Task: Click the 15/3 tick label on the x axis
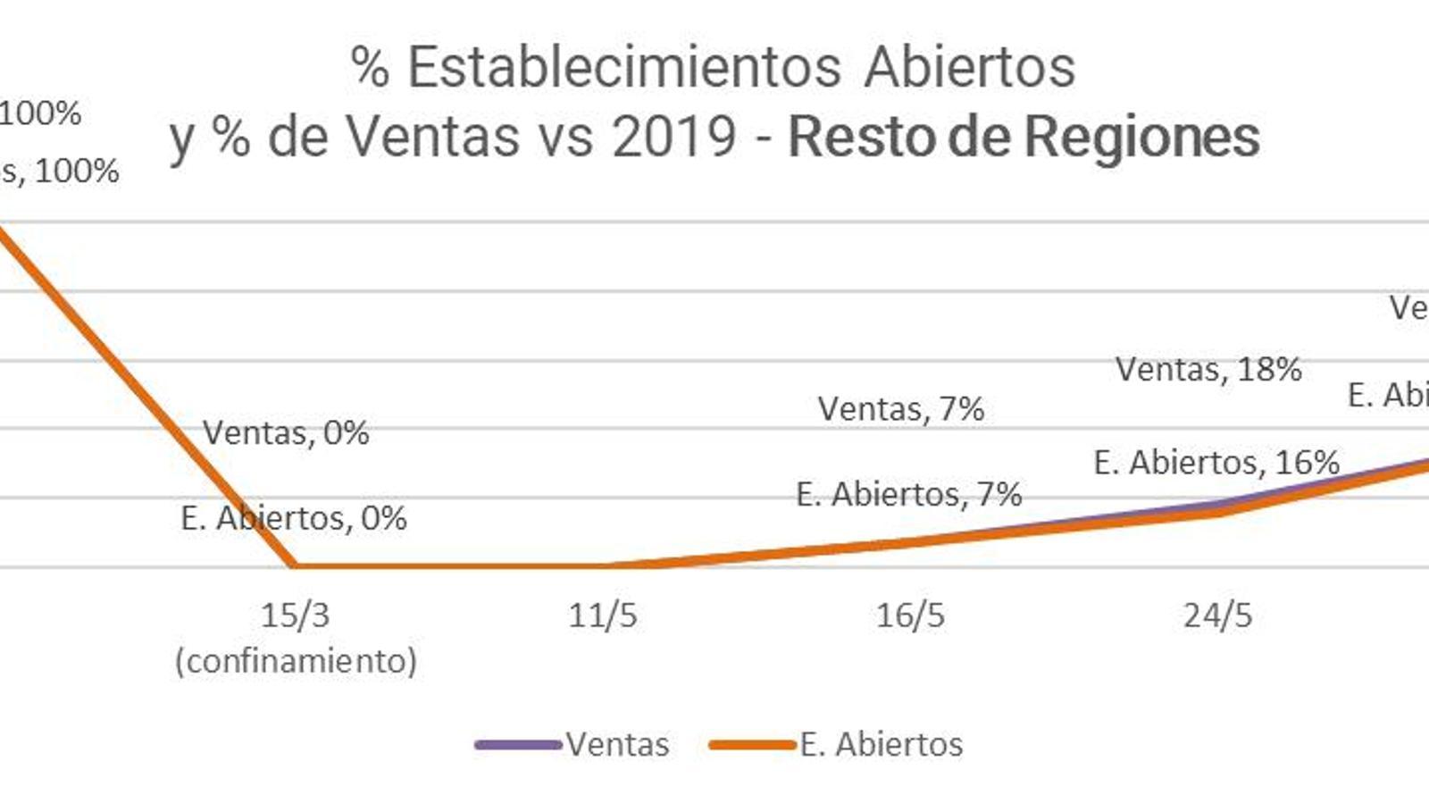[x=295, y=615]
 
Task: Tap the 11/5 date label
[x=603, y=615]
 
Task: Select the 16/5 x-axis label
[x=910, y=615]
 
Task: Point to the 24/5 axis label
[x=1217, y=615]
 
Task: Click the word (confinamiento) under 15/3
[x=296, y=661]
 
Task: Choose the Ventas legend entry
[x=617, y=744]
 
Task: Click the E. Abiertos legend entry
[x=881, y=744]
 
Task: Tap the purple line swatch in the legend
[x=518, y=744]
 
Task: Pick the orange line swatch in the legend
[x=752, y=744]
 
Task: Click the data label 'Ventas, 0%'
[x=286, y=432]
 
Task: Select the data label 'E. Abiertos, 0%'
[x=294, y=517]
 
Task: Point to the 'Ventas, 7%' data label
[x=901, y=408]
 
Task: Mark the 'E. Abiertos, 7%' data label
[x=909, y=493]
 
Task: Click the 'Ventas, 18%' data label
[x=1208, y=368]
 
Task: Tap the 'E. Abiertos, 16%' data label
[x=1216, y=462]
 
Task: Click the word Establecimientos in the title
[x=623, y=67]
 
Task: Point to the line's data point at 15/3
[x=295, y=565]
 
